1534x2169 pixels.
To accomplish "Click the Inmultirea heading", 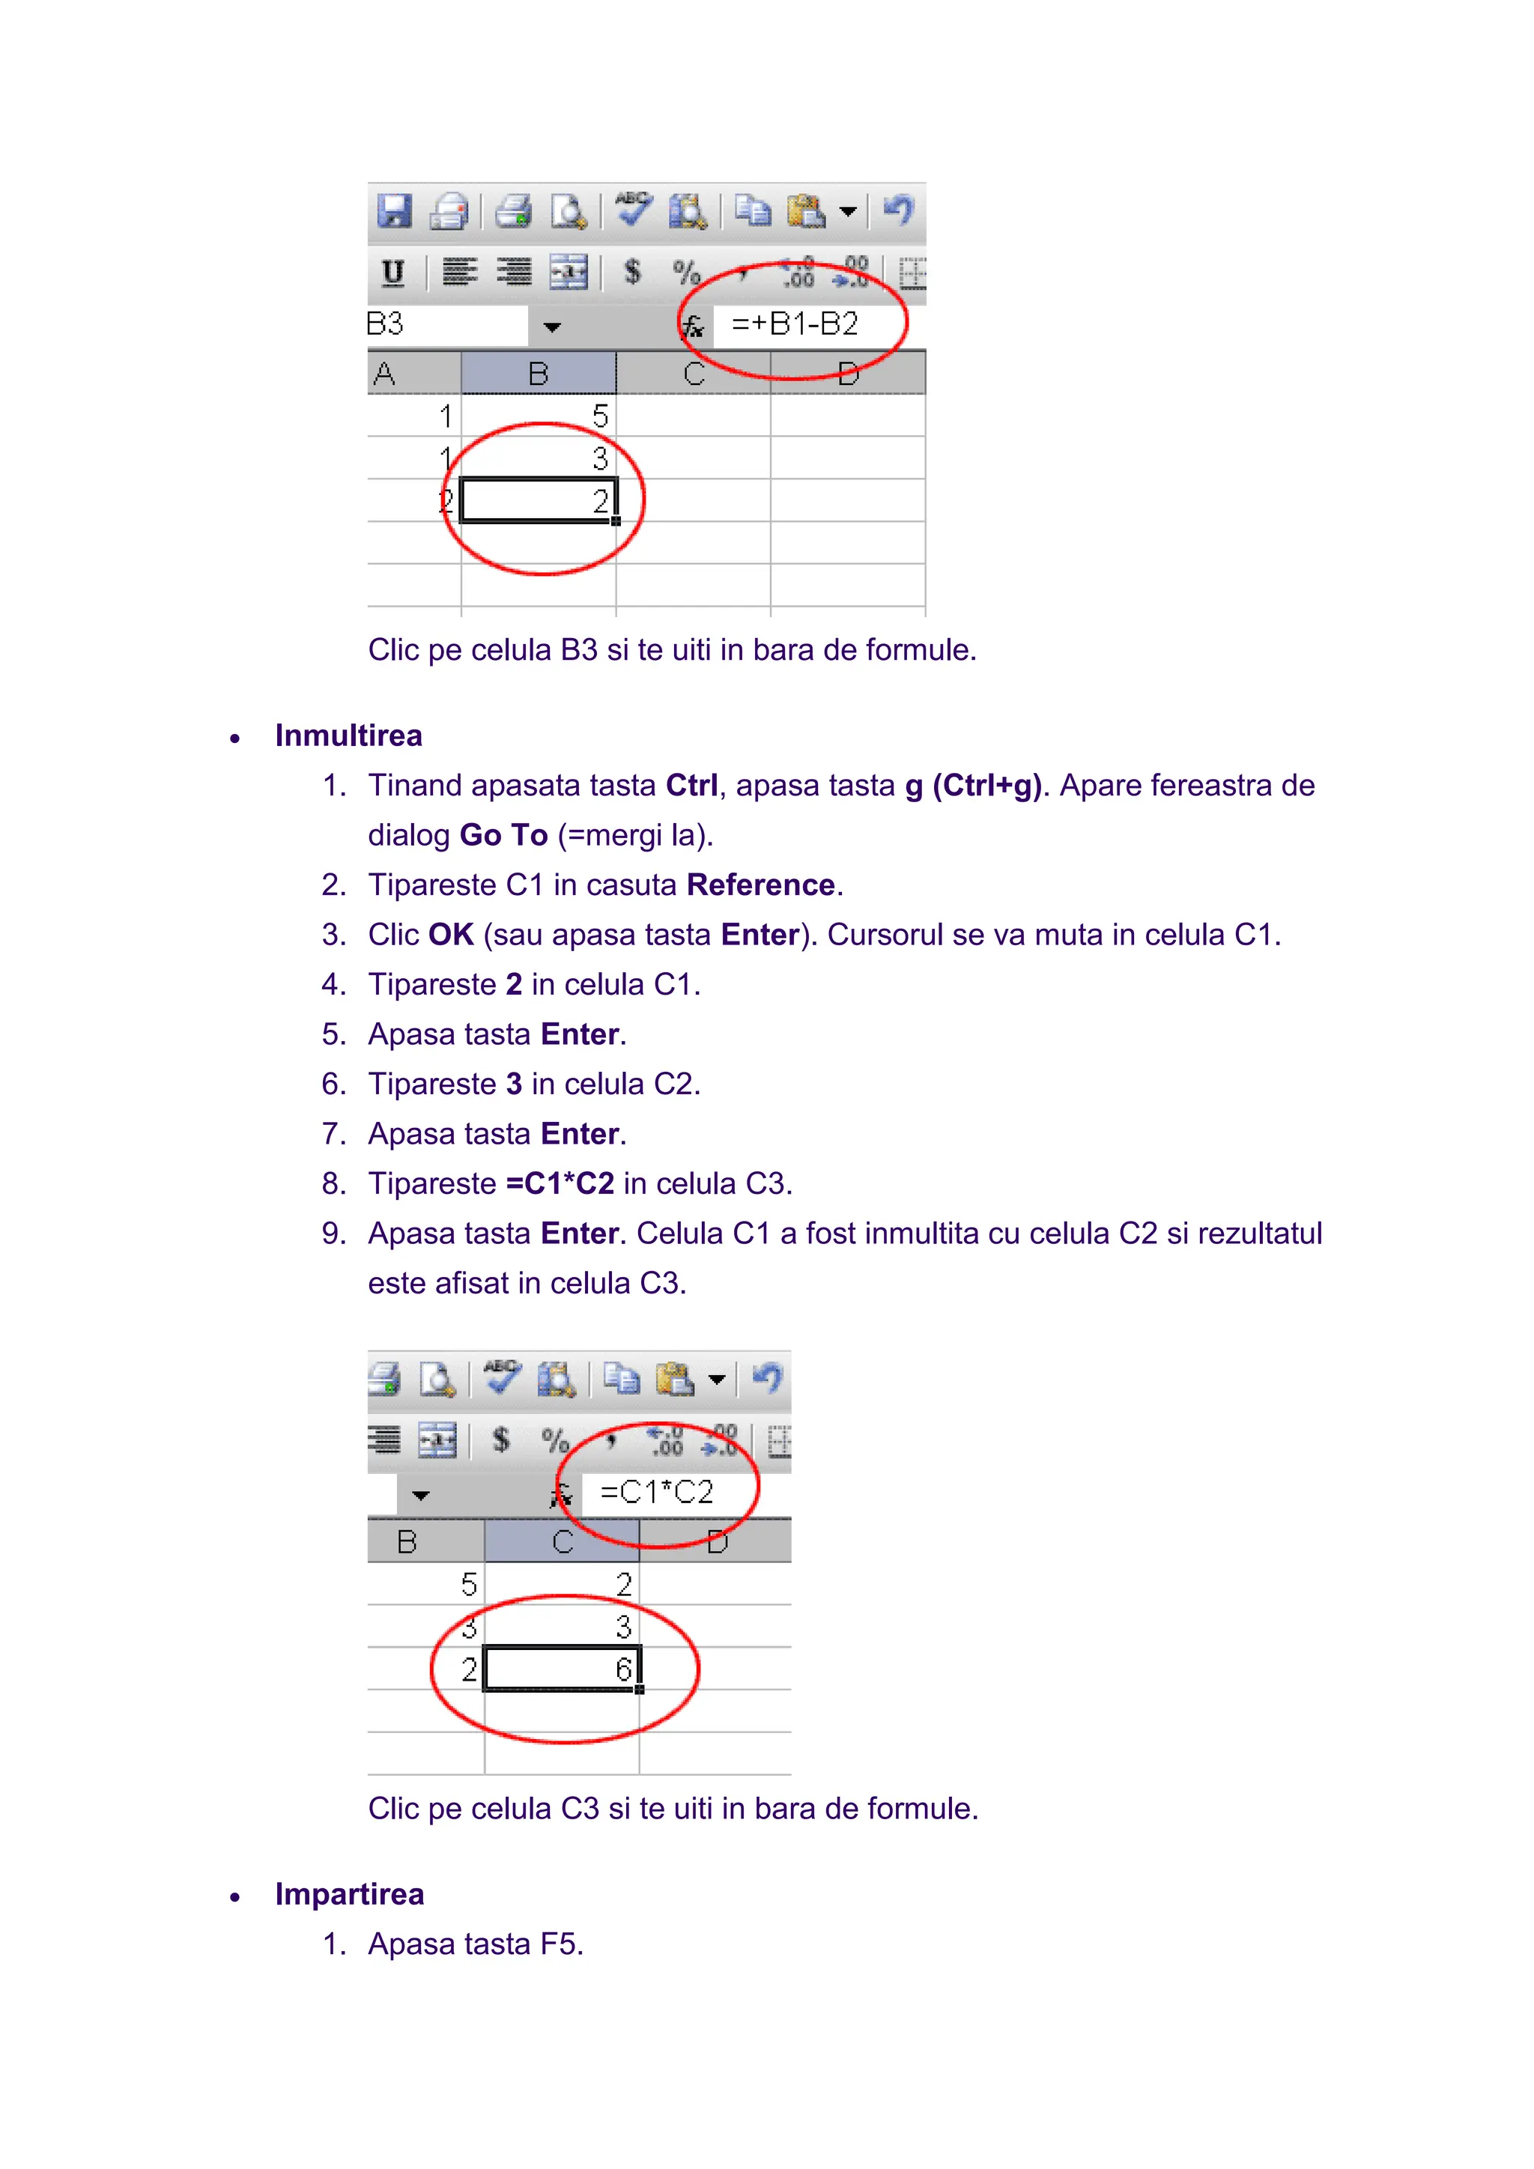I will (348, 736).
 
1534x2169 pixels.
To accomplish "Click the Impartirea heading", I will (350, 1894).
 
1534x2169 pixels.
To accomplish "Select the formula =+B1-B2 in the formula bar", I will (795, 324).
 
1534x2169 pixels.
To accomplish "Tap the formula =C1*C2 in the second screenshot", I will (656, 1492).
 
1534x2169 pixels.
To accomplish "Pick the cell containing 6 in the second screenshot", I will (562, 1669).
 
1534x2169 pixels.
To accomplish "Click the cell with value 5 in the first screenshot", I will (539, 416).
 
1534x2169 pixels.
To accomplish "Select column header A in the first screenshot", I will (384, 374).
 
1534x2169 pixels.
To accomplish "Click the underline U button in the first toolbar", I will (392, 273).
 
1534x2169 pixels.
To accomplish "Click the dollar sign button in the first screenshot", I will (633, 273).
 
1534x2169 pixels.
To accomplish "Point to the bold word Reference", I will (760, 885).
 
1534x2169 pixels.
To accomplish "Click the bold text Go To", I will (503, 835).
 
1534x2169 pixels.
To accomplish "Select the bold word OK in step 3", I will (451, 934).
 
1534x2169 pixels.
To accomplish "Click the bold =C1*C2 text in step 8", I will (560, 1183).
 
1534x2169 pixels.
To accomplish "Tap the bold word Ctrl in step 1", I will (691, 785).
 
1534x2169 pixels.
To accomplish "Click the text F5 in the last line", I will (561, 1944).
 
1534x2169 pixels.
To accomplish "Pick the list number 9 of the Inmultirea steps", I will (333, 1234).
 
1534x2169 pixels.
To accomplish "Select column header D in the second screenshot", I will (717, 1541).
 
